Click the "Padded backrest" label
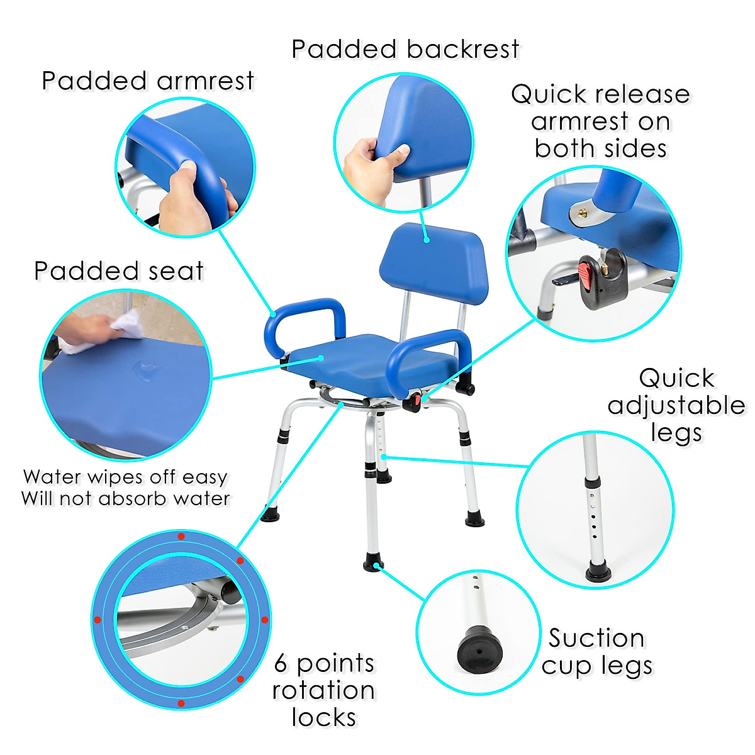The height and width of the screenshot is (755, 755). coord(405,49)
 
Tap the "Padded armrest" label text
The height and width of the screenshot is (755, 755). coord(148,81)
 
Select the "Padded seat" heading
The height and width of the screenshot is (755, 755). coord(119,271)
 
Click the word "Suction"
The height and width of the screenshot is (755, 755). coord(596,638)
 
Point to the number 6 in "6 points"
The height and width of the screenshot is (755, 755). coord(281,664)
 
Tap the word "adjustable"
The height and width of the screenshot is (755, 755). coord(676,406)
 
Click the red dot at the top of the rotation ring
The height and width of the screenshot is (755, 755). coord(181,537)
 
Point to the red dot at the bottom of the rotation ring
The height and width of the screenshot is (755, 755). coord(181,703)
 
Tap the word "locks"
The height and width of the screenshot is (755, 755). coord(323,717)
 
